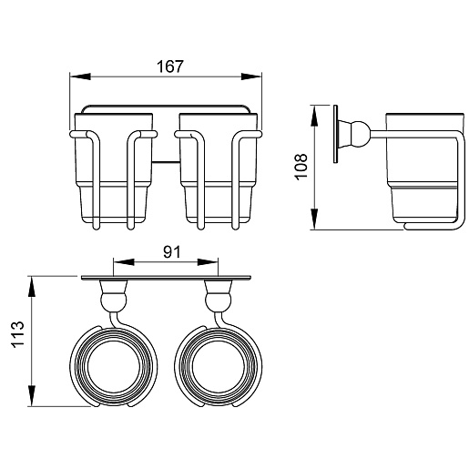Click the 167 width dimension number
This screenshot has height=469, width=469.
[170, 66]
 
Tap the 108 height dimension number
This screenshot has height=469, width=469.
[301, 167]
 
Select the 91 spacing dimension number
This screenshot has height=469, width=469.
[172, 252]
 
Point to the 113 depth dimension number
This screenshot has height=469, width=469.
[17, 334]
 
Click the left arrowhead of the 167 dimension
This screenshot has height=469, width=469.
[80, 76]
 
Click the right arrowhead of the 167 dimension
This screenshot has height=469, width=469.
[251, 76]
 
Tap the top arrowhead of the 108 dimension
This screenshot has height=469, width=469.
[314, 116]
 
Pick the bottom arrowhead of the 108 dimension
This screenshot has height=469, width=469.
[314, 219]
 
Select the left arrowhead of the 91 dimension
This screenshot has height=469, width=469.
[124, 262]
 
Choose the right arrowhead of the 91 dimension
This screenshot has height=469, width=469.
[208, 262]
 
